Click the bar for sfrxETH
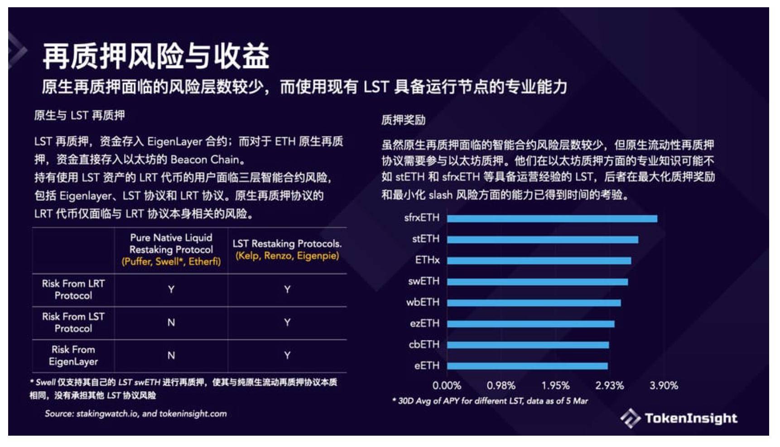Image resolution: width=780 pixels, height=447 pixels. click(x=552, y=219)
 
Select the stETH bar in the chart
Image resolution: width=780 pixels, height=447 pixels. click(x=542, y=240)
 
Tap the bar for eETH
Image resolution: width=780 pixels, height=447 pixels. click(x=527, y=366)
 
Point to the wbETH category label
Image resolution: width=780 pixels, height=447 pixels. click(x=423, y=302)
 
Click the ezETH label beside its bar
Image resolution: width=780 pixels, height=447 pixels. click(x=424, y=324)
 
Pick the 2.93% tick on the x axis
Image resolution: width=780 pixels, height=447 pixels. click(x=609, y=386)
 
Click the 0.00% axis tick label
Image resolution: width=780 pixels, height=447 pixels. click(x=447, y=386)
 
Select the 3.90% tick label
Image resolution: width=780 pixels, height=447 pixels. click(x=664, y=386)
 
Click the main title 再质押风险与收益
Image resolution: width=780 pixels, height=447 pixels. click(x=156, y=56)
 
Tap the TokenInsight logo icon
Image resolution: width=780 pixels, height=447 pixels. click(x=630, y=418)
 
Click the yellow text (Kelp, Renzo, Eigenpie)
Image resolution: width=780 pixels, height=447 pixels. click(x=287, y=256)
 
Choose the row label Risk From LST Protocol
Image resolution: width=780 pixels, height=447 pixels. click(x=73, y=322)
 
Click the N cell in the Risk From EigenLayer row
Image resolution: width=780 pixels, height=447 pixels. click(x=171, y=356)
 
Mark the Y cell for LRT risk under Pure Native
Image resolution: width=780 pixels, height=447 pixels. click(x=171, y=290)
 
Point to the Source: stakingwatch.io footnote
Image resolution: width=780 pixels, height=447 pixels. click(x=135, y=414)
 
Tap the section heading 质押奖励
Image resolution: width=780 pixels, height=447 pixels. click(x=403, y=120)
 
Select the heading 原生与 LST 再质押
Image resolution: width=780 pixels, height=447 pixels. click(x=79, y=116)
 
